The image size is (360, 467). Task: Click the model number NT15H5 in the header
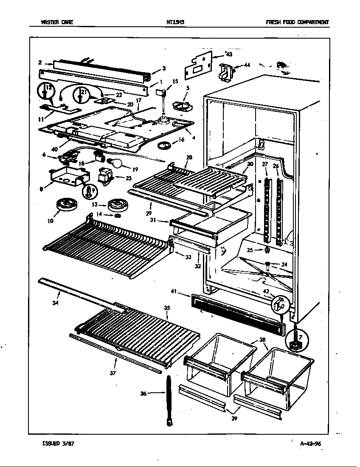click(x=175, y=23)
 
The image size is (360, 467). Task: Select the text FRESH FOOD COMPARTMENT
click(x=297, y=23)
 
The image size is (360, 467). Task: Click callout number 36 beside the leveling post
click(x=143, y=394)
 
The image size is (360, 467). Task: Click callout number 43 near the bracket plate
click(x=229, y=54)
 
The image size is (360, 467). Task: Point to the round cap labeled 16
click(x=165, y=146)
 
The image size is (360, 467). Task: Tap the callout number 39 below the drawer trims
click(x=235, y=418)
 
